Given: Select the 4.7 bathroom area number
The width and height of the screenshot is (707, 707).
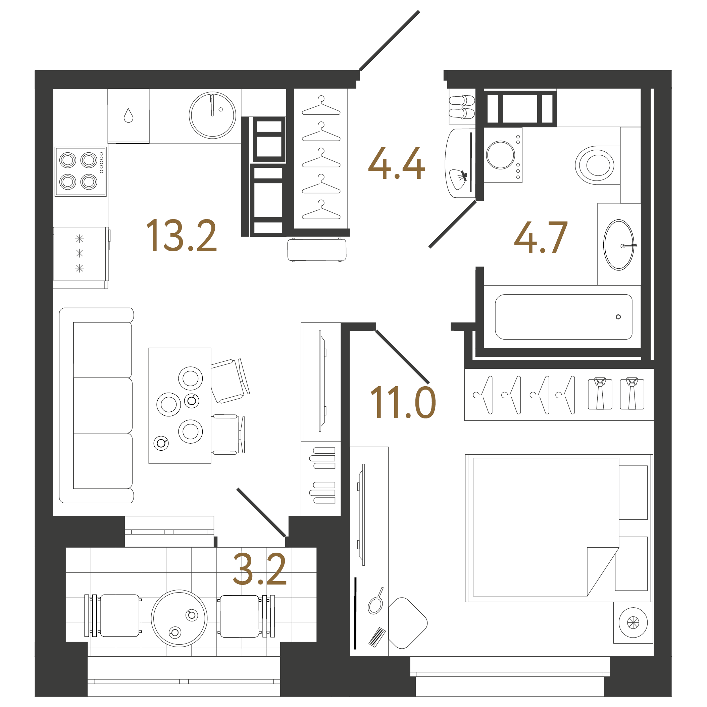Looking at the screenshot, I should click(541, 238).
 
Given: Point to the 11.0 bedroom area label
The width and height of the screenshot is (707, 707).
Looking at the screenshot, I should click(403, 403).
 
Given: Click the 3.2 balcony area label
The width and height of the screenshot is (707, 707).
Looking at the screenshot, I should click(259, 569).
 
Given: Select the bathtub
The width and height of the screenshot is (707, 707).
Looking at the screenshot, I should click(563, 317).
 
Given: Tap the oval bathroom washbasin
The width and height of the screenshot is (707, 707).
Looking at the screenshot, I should click(618, 245).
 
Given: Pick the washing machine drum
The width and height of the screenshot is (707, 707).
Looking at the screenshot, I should click(500, 155).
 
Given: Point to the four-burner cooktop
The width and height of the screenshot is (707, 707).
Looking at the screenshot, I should click(81, 171).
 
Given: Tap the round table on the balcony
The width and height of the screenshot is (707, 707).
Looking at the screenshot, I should click(179, 618).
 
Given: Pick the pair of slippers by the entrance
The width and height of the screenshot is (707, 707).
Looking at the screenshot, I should click(462, 107).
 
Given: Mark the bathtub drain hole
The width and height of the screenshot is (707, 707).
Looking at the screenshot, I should click(618, 317).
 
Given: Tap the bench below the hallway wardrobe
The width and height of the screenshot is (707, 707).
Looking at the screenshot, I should click(316, 250).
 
